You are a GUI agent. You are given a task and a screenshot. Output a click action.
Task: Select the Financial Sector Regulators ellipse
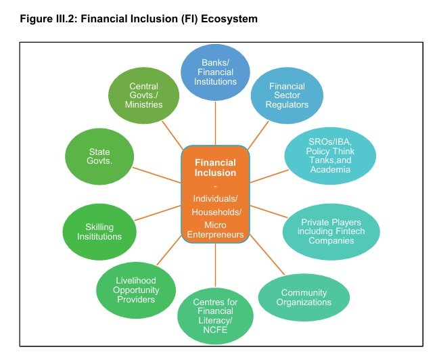point(287,95)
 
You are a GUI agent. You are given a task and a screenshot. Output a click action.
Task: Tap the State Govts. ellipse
point(99,156)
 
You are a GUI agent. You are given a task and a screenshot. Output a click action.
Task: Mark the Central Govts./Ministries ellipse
point(144,95)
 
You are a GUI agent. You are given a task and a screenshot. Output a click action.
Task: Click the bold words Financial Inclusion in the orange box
point(215,168)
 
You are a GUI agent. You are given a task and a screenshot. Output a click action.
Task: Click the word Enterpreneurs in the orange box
point(215,235)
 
